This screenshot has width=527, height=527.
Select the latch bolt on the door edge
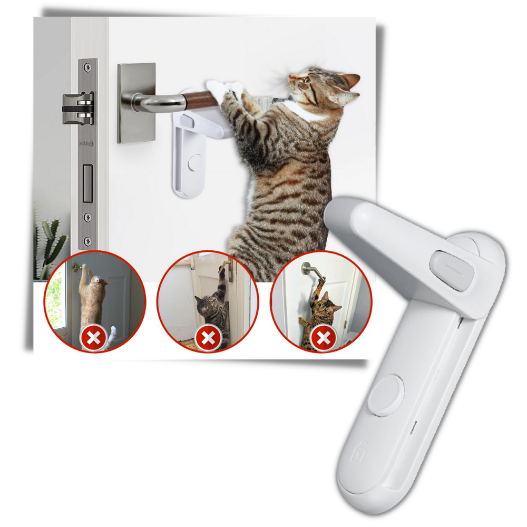[x=78, y=109]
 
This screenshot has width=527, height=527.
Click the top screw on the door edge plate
[x=87, y=66]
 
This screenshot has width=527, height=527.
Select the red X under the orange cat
[x=93, y=337]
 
